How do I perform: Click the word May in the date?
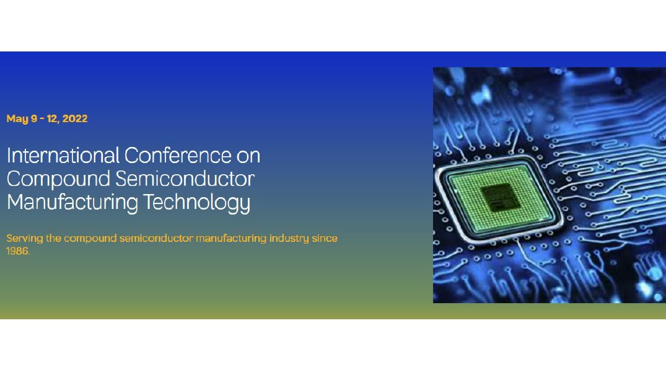(x=17, y=119)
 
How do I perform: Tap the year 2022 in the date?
(x=75, y=118)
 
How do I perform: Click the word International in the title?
(x=63, y=155)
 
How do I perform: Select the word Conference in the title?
(x=178, y=155)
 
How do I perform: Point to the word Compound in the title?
(x=59, y=179)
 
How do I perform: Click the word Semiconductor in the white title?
(x=185, y=179)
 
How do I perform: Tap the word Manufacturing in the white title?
(x=72, y=202)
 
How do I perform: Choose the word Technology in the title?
(x=196, y=202)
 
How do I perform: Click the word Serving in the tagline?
(x=25, y=239)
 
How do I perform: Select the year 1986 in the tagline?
(x=17, y=251)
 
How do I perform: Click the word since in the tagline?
(x=325, y=238)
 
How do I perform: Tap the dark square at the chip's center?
(x=501, y=198)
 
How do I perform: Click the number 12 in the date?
(x=53, y=118)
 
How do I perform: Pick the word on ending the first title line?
(x=248, y=156)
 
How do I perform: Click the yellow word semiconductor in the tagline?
(x=156, y=238)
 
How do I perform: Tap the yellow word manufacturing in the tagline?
(x=231, y=239)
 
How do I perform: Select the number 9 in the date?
(x=34, y=118)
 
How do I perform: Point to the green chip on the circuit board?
(x=499, y=198)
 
